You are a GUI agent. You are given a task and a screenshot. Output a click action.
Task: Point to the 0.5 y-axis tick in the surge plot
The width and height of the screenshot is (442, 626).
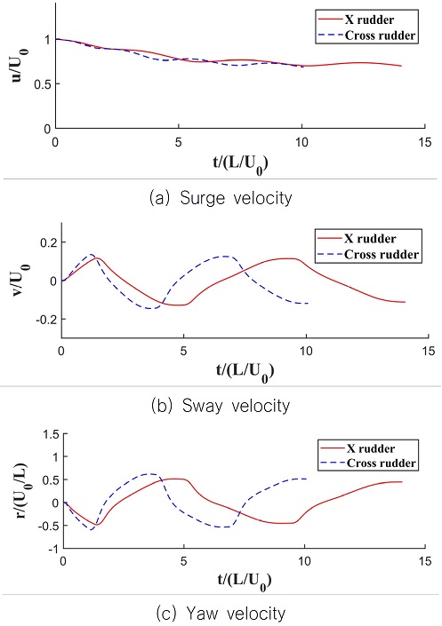(42, 84)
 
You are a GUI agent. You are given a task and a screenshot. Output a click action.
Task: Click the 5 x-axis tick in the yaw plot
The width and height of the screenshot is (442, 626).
(183, 563)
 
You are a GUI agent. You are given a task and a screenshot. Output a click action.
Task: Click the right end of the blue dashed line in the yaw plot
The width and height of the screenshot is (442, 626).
(307, 479)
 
